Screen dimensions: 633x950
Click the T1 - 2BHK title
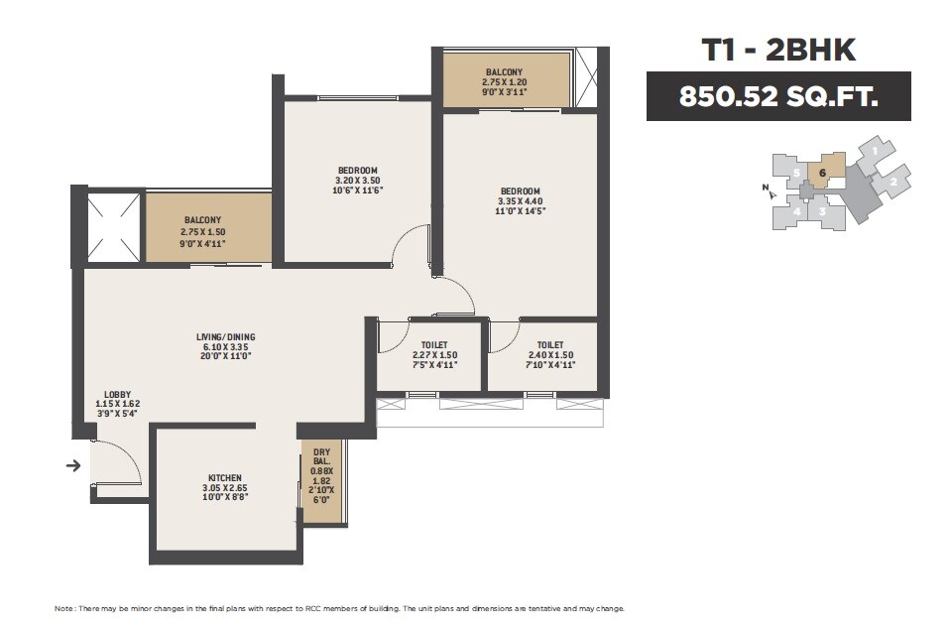point(778,49)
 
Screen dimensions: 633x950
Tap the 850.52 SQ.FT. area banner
point(778,97)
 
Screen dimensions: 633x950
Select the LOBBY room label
point(117,394)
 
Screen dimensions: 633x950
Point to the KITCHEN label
point(225,477)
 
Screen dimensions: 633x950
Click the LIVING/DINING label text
point(225,337)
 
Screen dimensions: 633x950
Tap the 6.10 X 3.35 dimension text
point(225,347)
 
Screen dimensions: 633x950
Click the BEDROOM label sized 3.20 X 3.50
point(358,170)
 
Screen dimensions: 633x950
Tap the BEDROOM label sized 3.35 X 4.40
point(520,190)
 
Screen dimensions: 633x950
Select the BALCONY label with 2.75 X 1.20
point(506,72)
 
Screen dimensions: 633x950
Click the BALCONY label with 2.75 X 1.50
point(202,220)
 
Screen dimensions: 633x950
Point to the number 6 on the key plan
point(822,173)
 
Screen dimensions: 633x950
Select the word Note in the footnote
point(63,608)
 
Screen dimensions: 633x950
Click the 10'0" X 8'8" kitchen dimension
point(225,499)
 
